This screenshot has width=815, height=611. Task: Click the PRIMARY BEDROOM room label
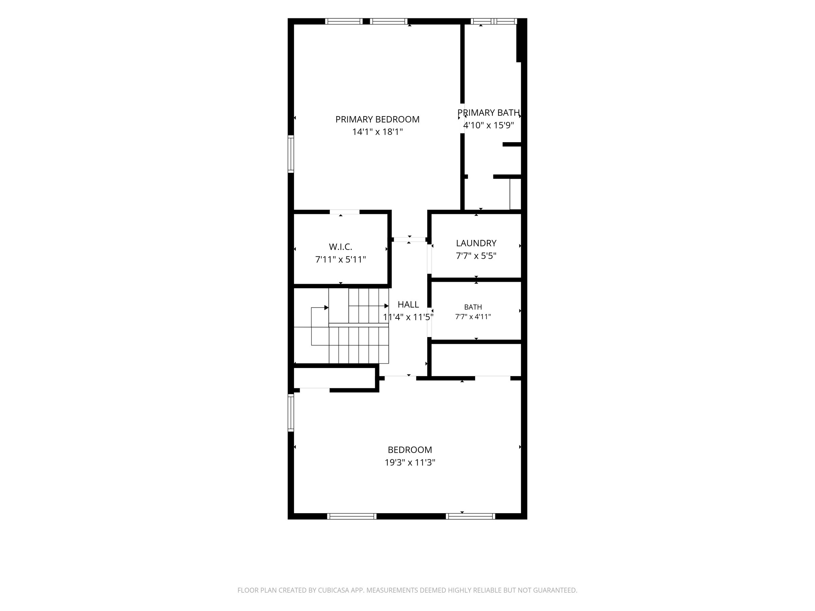pyautogui.click(x=377, y=119)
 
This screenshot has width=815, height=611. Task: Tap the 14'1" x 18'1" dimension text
pyautogui.click(x=377, y=132)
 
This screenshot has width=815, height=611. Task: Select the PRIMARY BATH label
pyautogui.click(x=489, y=113)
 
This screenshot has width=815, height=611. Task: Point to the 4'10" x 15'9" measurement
pyautogui.click(x=489, y=125)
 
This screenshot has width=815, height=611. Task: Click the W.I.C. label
pyautogui.click(x=341, y=247)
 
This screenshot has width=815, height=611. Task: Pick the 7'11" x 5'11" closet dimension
pyautogui.click(x=341, y=260)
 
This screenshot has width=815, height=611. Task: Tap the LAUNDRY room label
pyautogui.click(x=476, y=243)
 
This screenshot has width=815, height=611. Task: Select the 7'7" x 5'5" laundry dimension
pyautogui.click(x=476, y=256)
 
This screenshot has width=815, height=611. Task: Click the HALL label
pyautogui.click(x=408, y=304)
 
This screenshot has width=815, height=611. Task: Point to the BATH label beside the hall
pyautogui.click(x=473, y=307)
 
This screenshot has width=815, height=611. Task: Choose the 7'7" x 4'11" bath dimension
pyautogui.click(x=473, y=317)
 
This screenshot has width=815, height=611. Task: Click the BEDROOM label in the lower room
pyautogui.click(x=410, y=450)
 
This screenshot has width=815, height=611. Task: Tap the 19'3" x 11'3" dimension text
pyautogui.click(x=410, y=463)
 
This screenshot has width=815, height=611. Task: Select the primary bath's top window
pyautogui.click(x=494, y=21)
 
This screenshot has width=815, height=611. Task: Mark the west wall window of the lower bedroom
pyautogui.click(x=291, y=412)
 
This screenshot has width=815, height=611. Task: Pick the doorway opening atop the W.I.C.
pyautogui.click(x=344, y=212)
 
